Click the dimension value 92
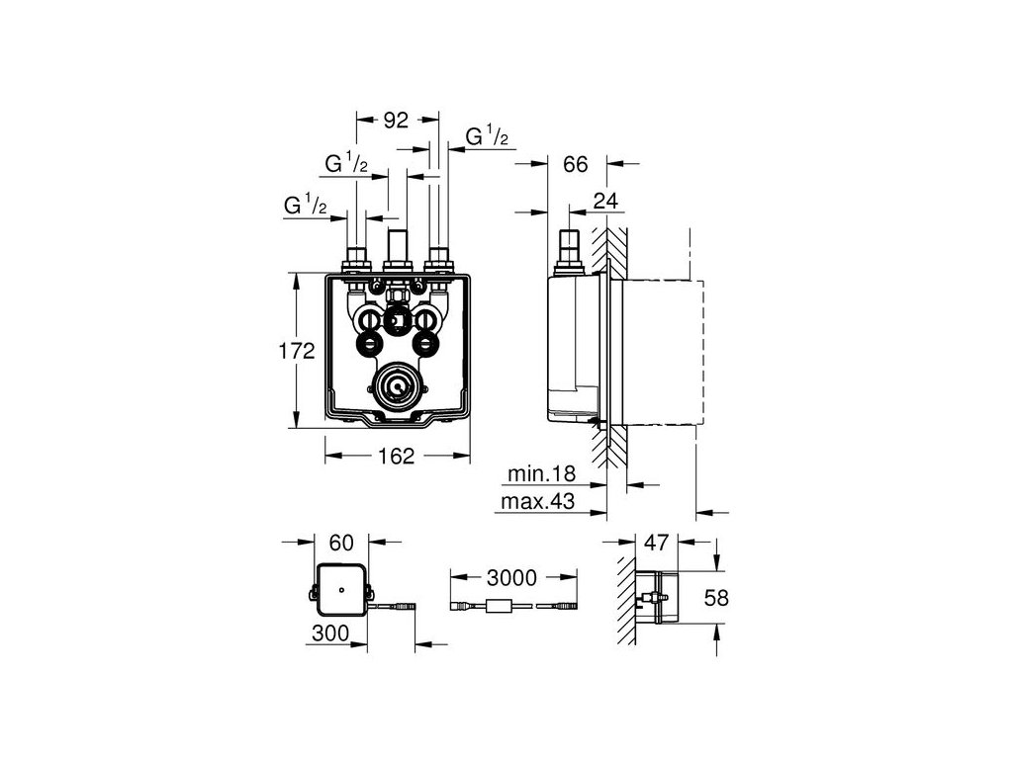pos(398,121)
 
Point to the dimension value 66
pos(577,164)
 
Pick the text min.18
pos(542,475)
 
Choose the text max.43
pos(540,503)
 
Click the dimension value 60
pos(341,543)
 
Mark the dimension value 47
pos(657,543)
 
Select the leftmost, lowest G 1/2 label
pos(306,206)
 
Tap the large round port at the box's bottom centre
pos(398,387)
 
